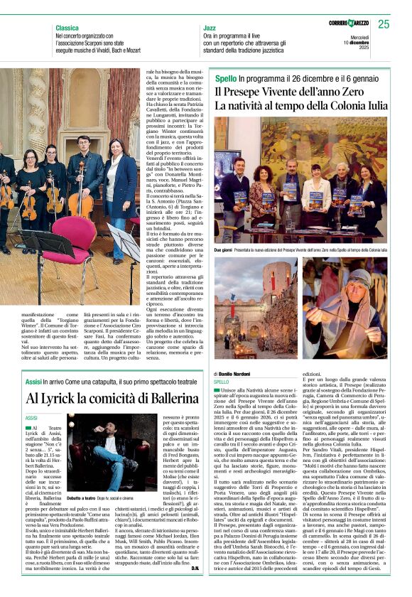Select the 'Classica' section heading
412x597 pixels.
click(67, 28)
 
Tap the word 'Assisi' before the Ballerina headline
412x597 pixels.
click(33, 381)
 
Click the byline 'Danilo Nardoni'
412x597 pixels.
click(233, 373)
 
